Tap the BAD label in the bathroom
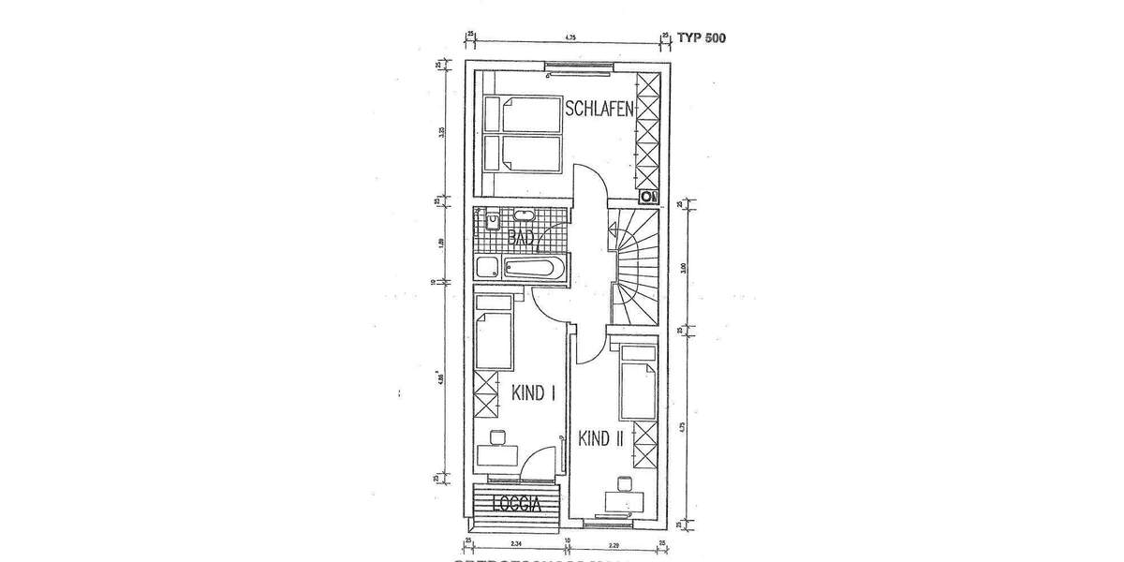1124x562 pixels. click(521, 238)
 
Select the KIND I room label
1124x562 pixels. click(534, 394)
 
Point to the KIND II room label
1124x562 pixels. click(600, 438)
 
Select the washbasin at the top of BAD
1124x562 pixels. click(522, 217)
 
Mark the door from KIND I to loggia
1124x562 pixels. click(541, 465)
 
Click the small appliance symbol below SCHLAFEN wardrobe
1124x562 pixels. click(647, 197)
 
